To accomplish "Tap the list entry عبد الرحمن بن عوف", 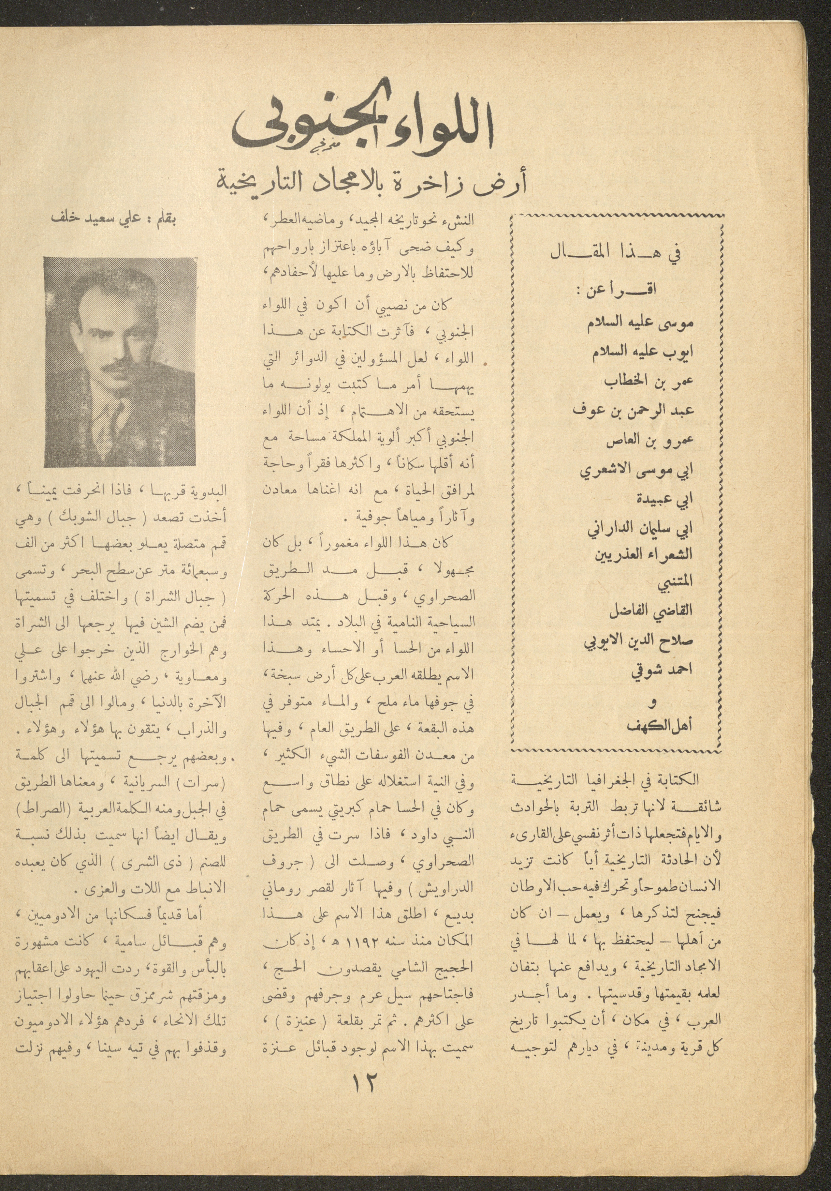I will click(633, 410).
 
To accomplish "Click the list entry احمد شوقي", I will click(662, 671).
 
